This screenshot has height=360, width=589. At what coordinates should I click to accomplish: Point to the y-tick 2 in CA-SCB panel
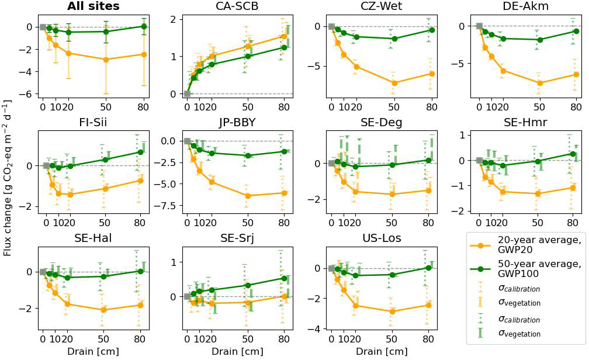[174, 19]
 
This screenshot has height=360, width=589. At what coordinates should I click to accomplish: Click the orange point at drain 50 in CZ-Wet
[394, 83]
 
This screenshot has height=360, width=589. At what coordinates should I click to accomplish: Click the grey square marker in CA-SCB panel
[187, 94]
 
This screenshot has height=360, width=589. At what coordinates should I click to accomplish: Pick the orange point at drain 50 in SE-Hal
[103, 310]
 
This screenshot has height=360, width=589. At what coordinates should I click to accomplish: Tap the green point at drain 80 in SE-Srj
[285, 278]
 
